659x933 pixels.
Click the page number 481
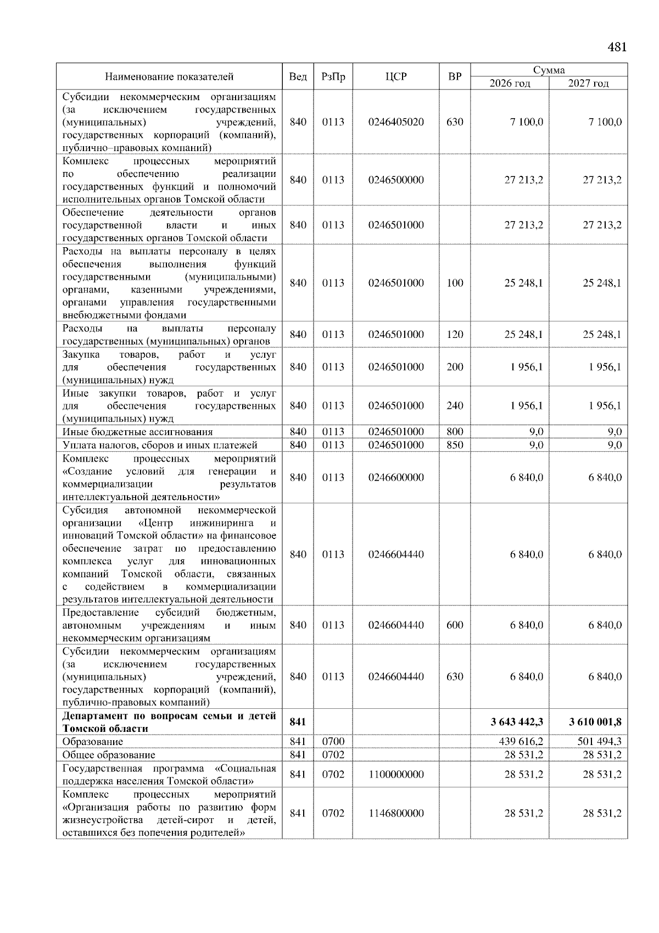(x=617, y=47)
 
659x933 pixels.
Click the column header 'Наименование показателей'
(x=169, y=77)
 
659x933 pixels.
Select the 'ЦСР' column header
(x=396, y=77)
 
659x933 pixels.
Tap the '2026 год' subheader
(x=510, y=84)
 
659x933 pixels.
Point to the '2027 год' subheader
(x=588, y=84)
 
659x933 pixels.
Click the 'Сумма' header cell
(x=549, y=70)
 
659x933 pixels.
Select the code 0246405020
(x=396, y=122)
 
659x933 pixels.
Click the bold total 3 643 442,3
(x=517, y=721)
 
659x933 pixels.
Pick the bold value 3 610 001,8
(x=595, y=721)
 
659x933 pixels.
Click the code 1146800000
(x=396, y=813)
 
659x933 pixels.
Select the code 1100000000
(x=396, y=774)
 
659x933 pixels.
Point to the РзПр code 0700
(x=333, y=741)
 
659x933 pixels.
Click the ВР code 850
(x=455, y=445)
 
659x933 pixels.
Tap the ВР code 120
(x=455, y=334)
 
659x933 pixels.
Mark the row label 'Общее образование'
(x=109, y=754)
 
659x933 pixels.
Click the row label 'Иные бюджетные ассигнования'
(x=137, y=432)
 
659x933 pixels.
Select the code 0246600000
(x=396, y=477)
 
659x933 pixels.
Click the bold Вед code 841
(x=298, y=721)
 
